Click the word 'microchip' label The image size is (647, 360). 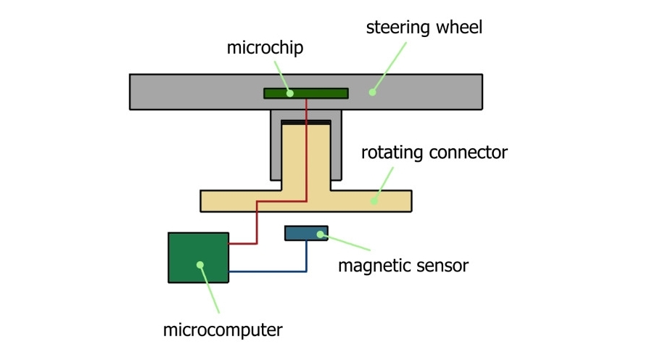tap(265, 49)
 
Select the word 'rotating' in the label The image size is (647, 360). tap(392, 153)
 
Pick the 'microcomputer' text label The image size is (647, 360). tap(222, 330)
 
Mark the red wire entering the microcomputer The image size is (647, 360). tap(242, 243)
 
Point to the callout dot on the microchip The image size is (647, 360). tap(289, 93)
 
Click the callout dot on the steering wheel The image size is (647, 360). tap(372, 92)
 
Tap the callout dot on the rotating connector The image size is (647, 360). tap(374, 200)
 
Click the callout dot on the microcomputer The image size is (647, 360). tap(199, 265)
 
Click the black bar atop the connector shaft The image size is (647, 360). tap(305, 122)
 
